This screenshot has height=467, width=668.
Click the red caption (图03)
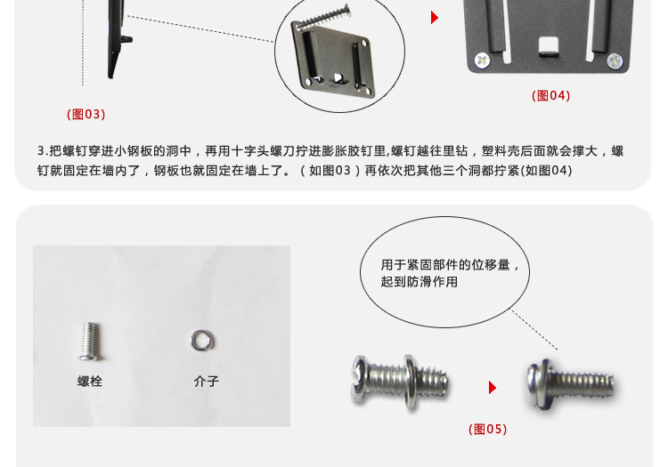(86, 115)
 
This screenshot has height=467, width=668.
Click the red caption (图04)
(550, 95)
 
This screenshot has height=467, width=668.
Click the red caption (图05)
(487, 429)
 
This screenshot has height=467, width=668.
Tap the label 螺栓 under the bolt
(90, 381)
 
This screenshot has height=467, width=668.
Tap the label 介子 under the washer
(207, 381)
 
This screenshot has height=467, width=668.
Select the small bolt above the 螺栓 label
(90, 342)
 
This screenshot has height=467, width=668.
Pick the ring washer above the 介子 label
(202, 341)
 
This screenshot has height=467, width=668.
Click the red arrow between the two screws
(492, 388)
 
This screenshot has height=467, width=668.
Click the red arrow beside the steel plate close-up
(434, 18)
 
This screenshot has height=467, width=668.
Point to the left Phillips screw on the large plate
(482, 60)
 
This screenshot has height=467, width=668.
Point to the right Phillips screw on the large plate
(615, 61)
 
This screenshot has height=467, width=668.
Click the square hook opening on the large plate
(549, 47)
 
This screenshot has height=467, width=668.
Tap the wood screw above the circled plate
(324, 18)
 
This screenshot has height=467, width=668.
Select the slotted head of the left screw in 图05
(359, 380)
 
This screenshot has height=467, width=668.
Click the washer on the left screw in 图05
(410, 382)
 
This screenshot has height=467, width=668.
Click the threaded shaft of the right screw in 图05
(582, 384)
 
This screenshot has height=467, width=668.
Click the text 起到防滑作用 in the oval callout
(420, 282)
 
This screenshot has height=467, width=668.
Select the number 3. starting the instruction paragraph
(42, 151)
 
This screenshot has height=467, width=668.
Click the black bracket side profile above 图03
(118, 38)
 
